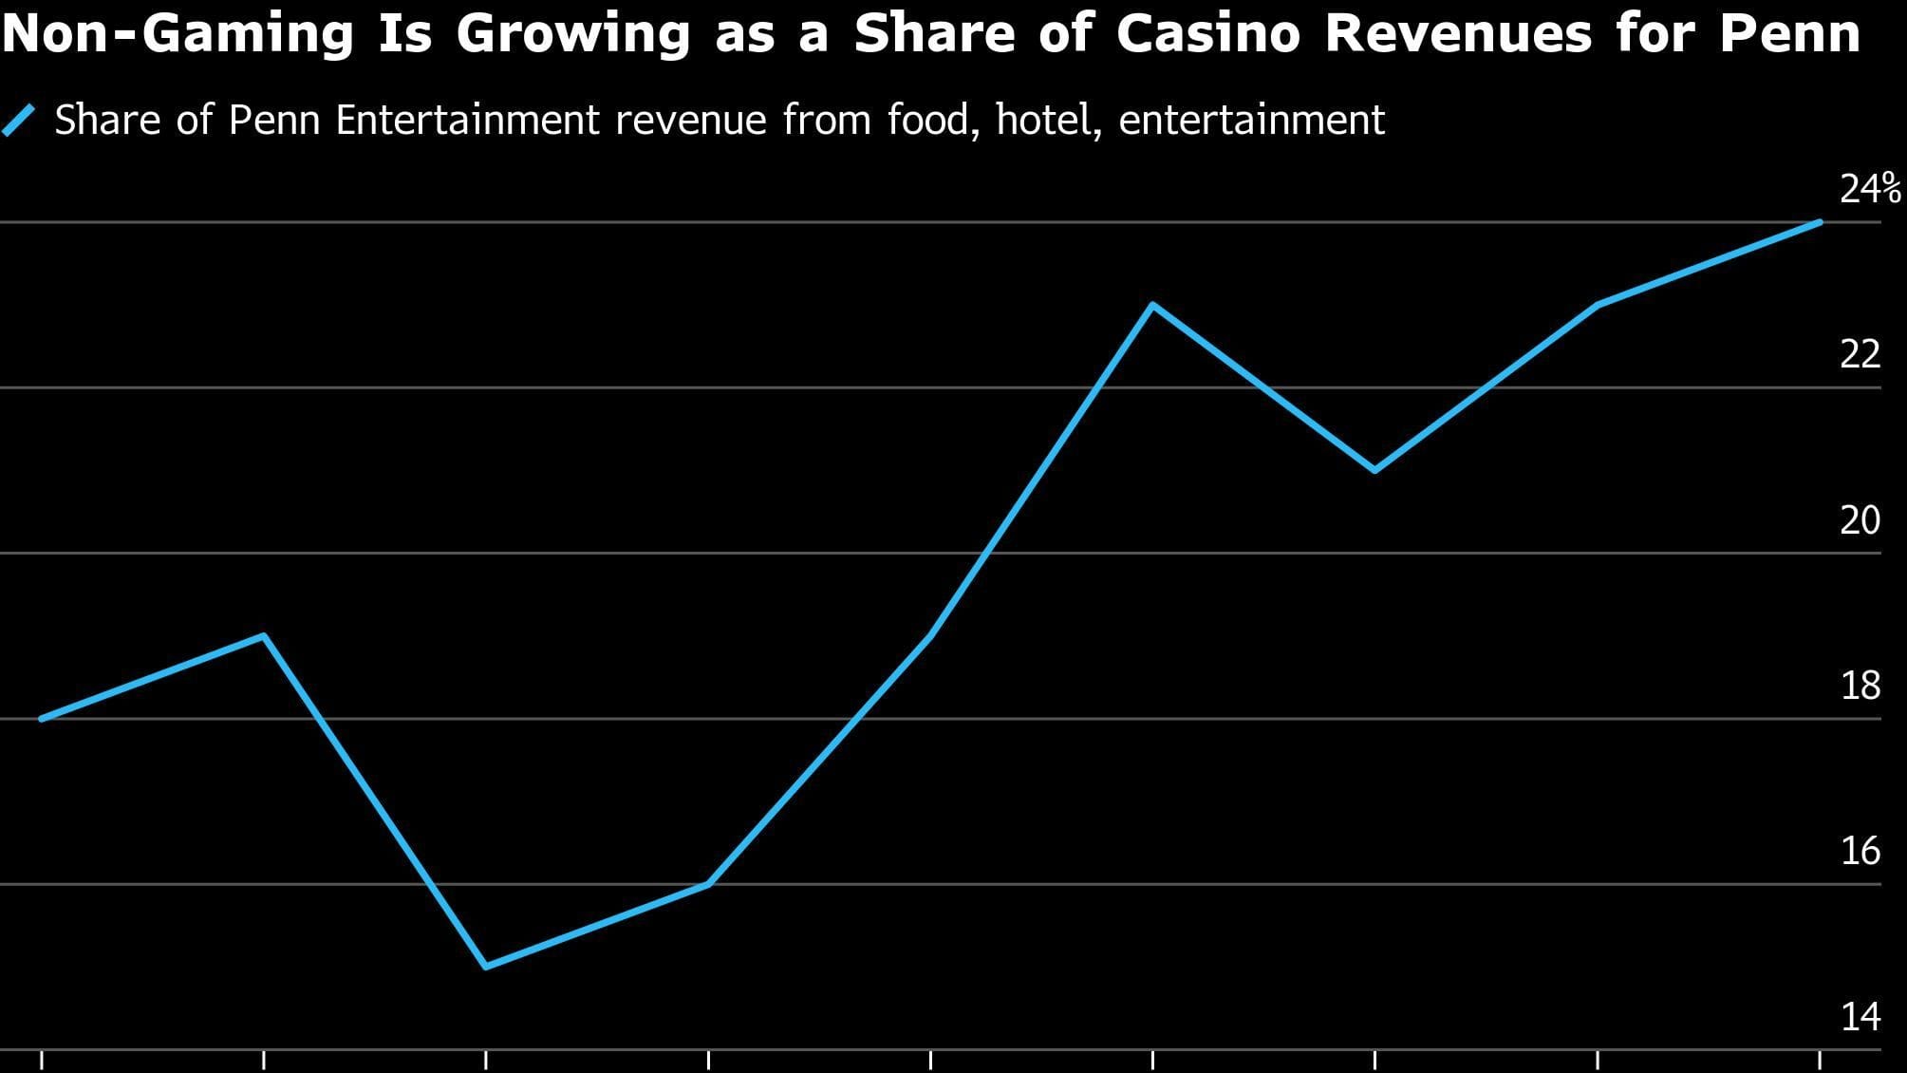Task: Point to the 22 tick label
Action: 1860,354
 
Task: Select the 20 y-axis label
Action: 1860,519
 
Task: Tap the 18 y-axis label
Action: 1860,685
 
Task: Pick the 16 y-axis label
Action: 1860,850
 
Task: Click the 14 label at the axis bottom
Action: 1860,1016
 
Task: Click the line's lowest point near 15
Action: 486,967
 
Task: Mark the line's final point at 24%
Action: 1820,222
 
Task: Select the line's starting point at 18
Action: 42,719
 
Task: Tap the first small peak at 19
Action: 264,635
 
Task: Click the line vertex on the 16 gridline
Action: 708,884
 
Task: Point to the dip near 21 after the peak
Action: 1375,470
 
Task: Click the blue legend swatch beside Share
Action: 19,121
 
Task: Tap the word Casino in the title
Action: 1207,34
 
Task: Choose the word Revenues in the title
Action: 1457,34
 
